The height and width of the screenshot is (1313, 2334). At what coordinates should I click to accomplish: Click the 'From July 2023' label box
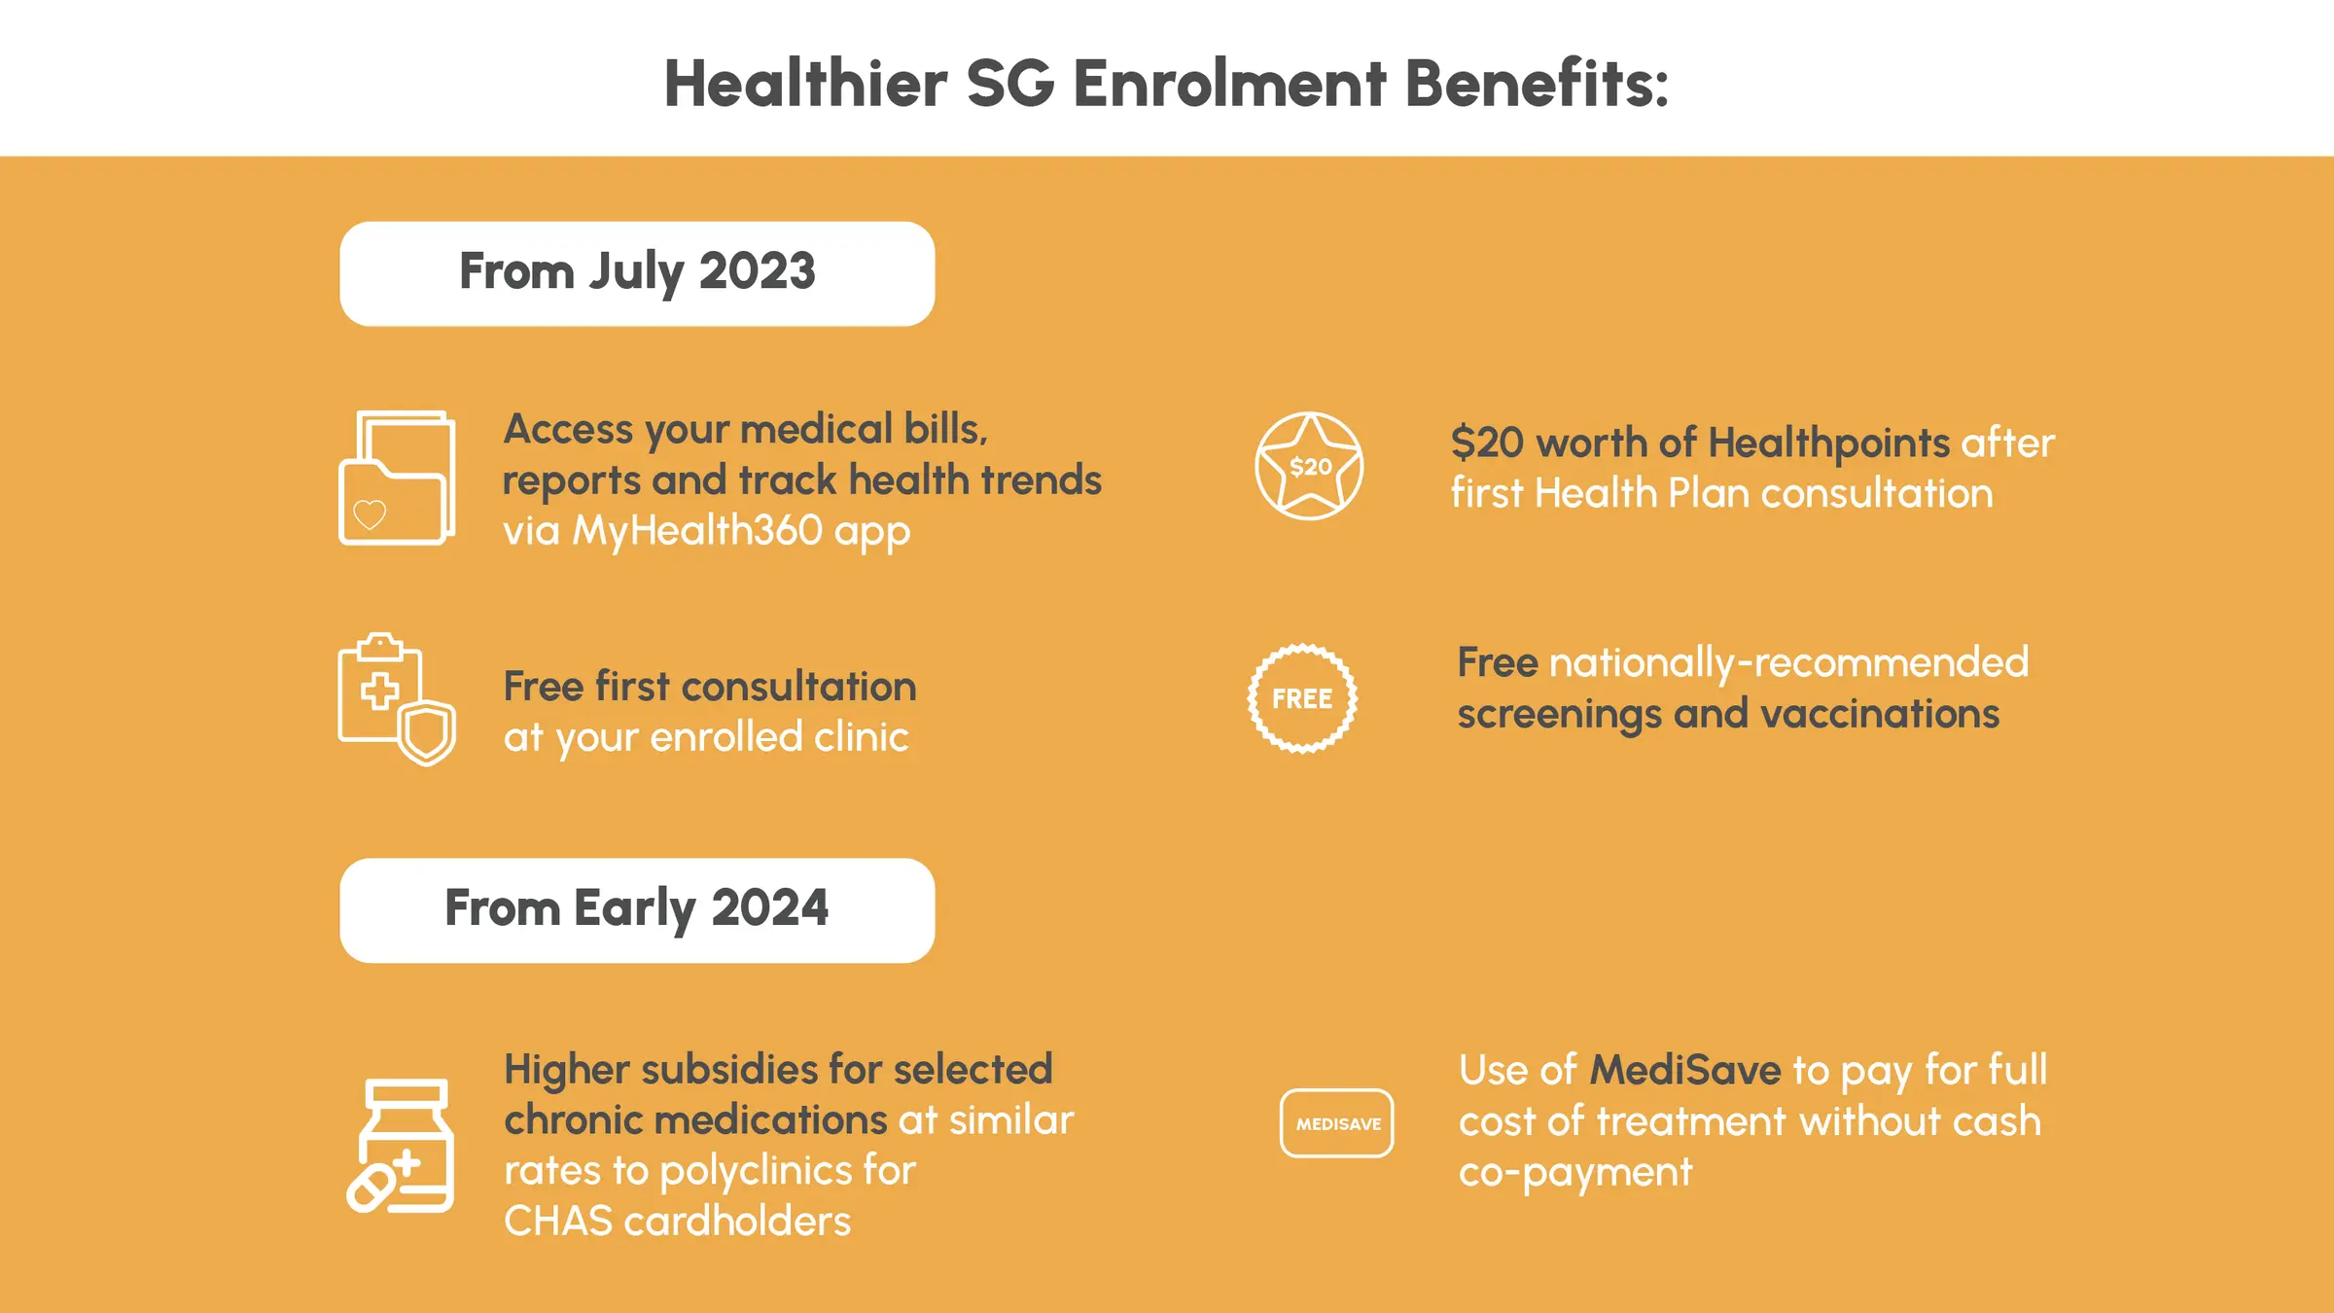(637, 273)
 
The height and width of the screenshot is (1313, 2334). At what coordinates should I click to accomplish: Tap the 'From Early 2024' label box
(637, 909)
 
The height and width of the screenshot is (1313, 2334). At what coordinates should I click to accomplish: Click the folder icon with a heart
(397, 478)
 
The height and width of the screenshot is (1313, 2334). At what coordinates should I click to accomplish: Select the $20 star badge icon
(1309, 466)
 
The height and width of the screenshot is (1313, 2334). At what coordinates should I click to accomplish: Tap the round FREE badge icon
(1302, 698)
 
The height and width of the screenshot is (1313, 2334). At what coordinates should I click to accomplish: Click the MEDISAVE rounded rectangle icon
(1337, 1123)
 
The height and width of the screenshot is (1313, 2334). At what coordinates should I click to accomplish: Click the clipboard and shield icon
(397, 698)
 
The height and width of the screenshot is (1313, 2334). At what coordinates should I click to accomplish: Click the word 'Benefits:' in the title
(1537, 84)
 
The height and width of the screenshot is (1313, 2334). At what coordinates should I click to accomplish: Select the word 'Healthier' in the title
(805, 84)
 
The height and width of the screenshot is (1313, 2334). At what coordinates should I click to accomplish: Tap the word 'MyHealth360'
(696, 531)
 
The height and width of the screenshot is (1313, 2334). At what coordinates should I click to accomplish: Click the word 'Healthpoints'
(1828, 444)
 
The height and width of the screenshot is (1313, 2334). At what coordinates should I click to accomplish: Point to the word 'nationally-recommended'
(1788, 663)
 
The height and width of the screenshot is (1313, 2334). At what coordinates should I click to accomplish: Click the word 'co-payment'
(1575, 1173)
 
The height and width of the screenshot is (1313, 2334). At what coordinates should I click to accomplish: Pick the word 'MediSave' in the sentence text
(1685, 1071)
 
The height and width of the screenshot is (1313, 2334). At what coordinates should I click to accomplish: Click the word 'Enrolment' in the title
(1229, 84)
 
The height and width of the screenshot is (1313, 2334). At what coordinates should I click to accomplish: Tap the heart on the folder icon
(370, 514)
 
